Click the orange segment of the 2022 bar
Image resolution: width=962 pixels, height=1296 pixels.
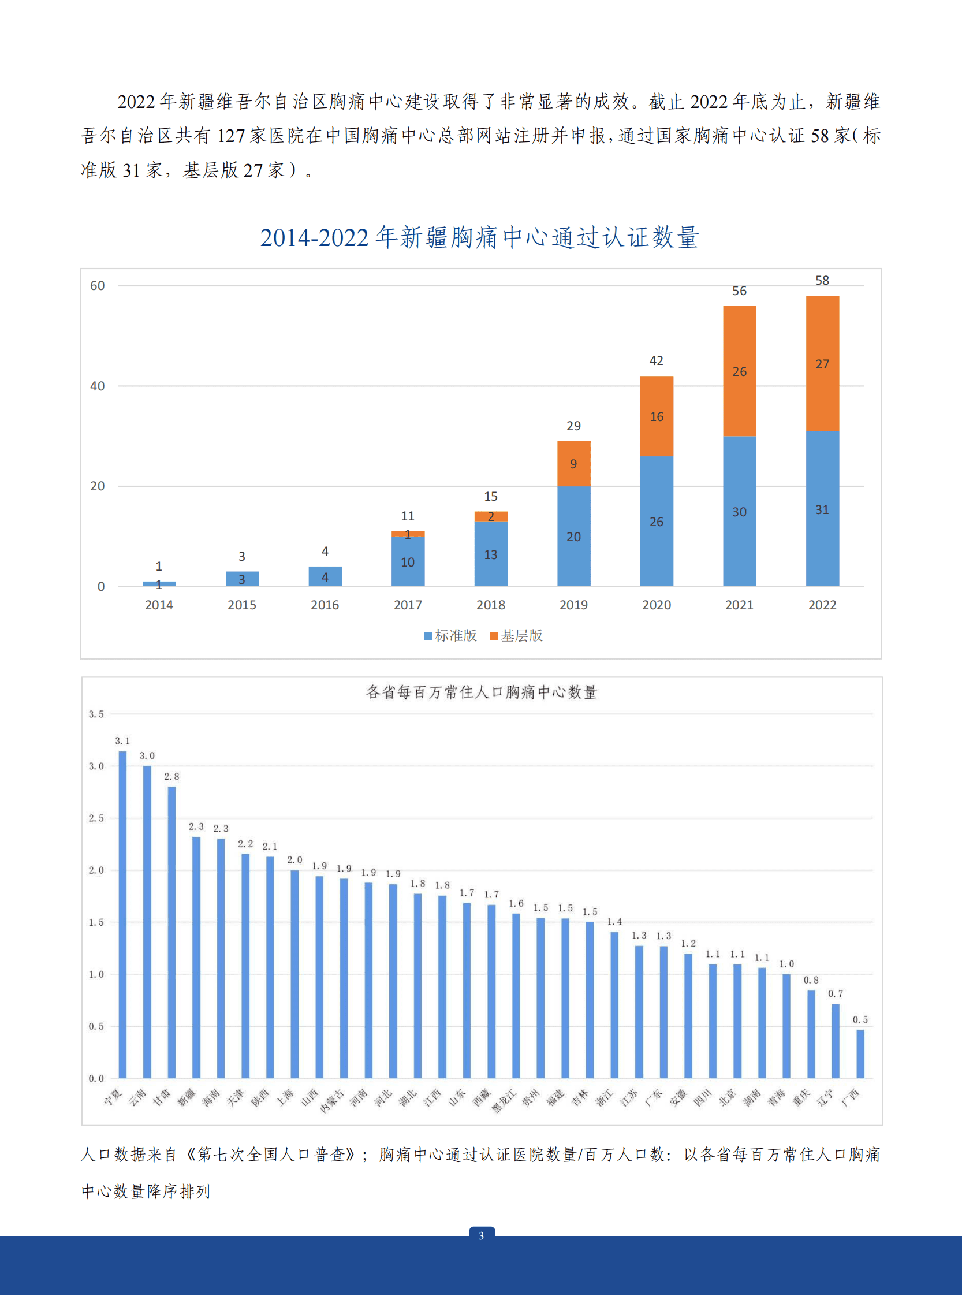point(822,363)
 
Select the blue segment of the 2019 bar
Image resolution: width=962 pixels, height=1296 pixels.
point(573,536)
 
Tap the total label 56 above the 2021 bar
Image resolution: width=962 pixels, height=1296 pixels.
point(739,291)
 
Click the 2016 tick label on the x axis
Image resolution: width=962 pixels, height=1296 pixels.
point(325,605)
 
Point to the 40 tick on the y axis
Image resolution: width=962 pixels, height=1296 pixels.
point(97,386)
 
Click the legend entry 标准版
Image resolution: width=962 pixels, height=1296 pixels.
point(450,635)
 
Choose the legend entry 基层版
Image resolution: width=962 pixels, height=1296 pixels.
point(517,635)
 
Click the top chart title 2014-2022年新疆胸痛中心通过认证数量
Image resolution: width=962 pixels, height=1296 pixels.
point(479,237)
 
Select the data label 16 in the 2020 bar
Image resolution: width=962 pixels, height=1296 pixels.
point(657,416)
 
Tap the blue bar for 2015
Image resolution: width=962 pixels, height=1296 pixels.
point(242,578)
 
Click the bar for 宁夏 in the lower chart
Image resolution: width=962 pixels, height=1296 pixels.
point(122,914)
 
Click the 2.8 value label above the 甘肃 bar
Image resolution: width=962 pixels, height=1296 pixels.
point(171,776)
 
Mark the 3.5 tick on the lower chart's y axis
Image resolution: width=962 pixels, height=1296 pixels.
point(96,714)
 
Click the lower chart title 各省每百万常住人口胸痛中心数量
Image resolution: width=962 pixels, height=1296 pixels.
point(481,692)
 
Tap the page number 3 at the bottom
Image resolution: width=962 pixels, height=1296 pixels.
point(481,1235)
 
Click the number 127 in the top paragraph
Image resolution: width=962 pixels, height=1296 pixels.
point(230,136)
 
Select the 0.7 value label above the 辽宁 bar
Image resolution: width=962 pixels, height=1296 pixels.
point(835,993)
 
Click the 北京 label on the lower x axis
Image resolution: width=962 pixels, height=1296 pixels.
point(728,1097)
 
